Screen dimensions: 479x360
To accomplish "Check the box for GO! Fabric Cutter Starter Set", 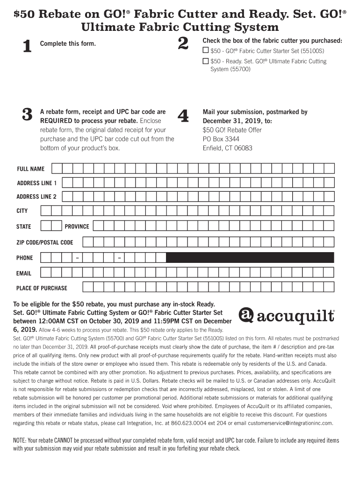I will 206,51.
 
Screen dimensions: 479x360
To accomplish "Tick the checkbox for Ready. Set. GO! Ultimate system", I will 206,61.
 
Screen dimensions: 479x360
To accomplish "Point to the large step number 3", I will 27,115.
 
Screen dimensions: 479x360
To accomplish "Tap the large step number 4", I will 183,116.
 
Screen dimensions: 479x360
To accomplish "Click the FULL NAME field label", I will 31,169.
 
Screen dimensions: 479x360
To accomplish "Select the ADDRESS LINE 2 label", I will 36,196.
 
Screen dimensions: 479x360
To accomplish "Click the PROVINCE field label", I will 77,226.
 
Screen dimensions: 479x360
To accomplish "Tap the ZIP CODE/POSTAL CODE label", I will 45,242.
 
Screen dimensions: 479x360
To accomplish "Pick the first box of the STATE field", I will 46,226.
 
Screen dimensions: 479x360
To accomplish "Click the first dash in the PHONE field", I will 77,258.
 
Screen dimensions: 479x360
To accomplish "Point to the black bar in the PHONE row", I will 250,257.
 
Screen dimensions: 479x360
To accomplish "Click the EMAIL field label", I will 24,273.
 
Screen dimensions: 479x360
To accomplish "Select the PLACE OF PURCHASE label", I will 42,288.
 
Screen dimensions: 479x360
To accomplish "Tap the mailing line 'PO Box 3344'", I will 221,139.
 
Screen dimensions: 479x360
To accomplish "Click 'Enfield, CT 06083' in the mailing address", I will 227,148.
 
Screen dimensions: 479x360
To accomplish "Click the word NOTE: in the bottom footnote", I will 20,441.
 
